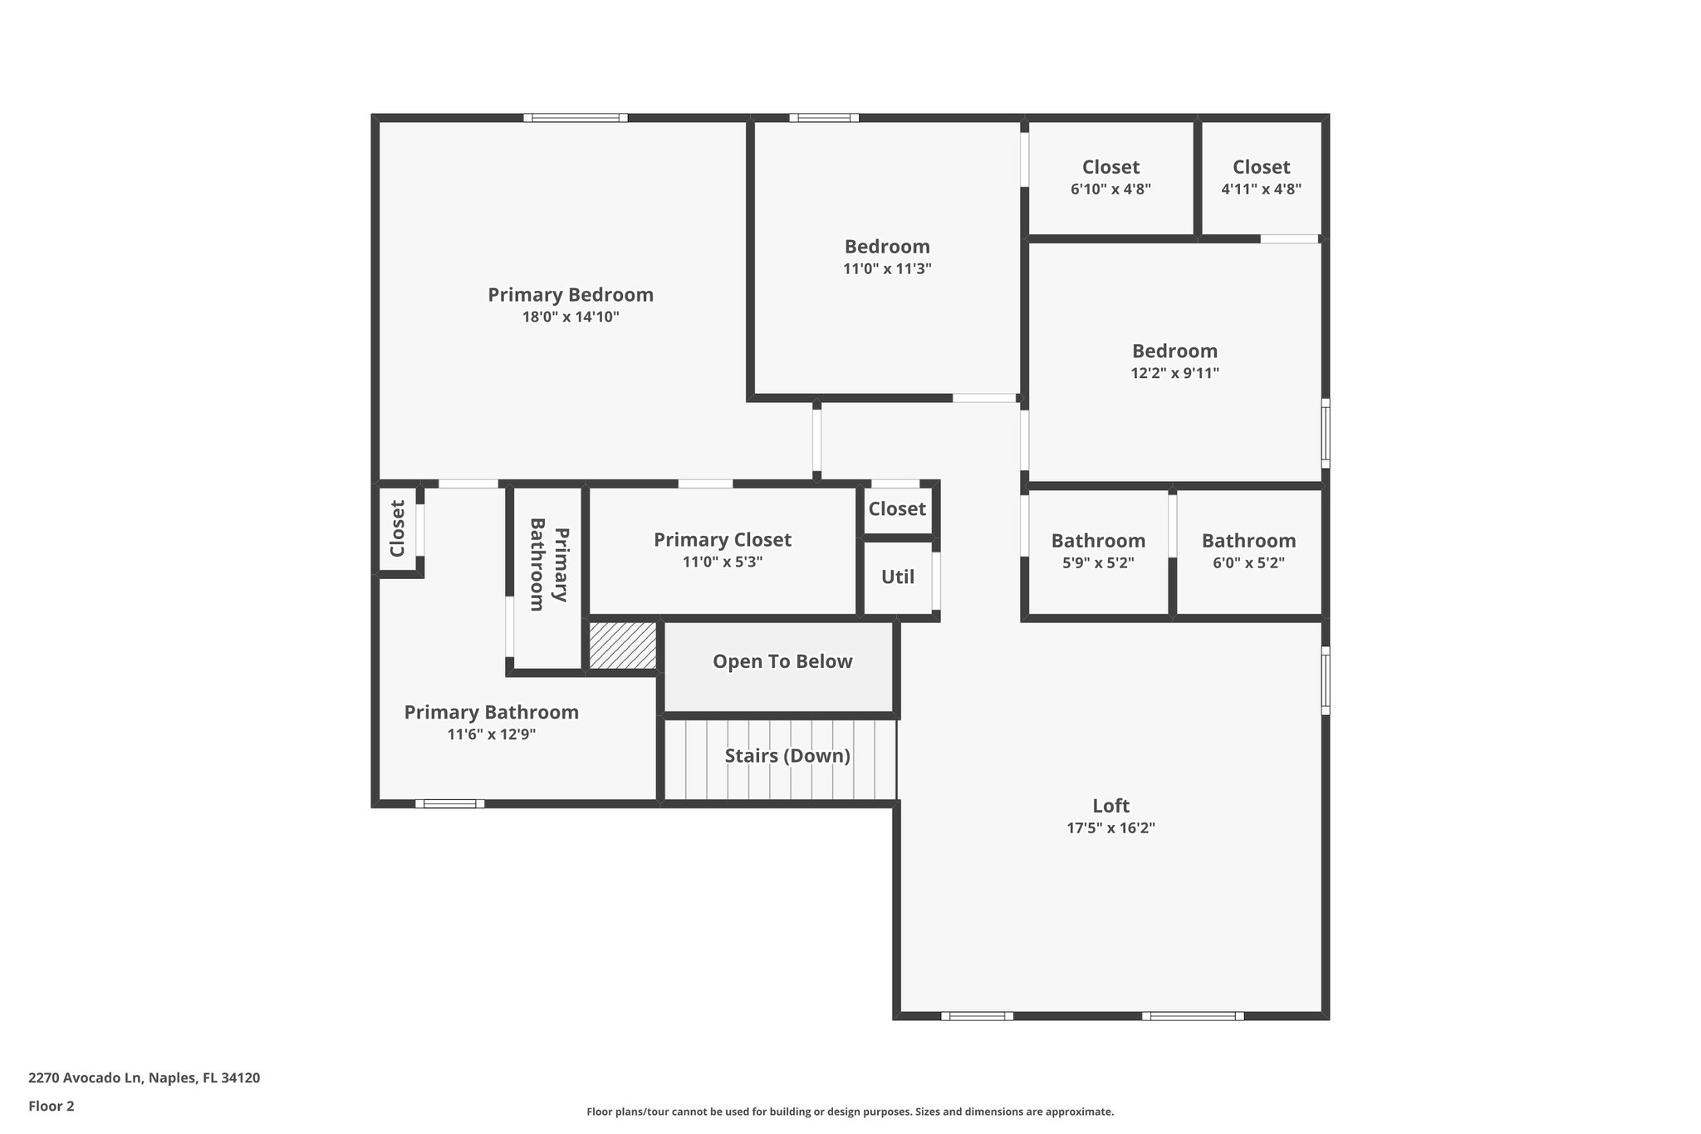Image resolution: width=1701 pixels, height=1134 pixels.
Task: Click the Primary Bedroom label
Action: [570, 295]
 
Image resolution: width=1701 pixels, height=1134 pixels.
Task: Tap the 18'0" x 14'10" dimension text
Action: [570, 317]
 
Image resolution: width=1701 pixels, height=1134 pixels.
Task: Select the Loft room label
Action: [1110, 806]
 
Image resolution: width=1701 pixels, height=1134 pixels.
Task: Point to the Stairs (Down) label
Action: [787, 756]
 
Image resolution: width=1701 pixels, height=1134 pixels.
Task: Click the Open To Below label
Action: [782, 661]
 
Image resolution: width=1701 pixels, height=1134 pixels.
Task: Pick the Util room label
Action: [897, 577]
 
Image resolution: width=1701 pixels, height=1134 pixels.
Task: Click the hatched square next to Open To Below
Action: [622, 645]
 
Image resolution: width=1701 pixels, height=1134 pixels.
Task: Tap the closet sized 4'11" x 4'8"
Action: [1261, 177]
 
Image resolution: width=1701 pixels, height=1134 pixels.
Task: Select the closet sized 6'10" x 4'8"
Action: [1110, 177]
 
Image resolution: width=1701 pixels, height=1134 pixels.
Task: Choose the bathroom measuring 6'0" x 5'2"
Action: [1248, 551]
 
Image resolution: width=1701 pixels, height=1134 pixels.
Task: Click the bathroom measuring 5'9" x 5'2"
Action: [1098, 551]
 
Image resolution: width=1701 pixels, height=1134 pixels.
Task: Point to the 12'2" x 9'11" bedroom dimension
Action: [1174, 374]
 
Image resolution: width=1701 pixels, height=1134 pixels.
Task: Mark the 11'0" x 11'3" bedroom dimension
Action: [887, 269]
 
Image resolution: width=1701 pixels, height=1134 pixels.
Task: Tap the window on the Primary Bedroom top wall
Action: [575, 118]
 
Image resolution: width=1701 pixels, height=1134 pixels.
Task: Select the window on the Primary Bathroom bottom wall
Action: [449, 803]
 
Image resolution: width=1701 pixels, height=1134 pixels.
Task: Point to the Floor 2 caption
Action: [51, 1106]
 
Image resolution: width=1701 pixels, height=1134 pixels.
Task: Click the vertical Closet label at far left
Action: [397, 528]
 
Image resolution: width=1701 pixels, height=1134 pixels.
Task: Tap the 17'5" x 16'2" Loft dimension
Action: [1110, 828]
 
